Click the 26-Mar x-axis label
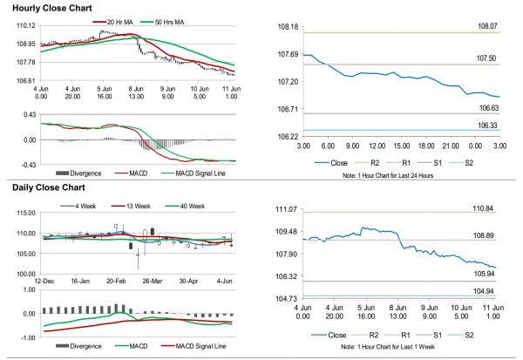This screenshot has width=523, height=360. coord(153,282)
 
